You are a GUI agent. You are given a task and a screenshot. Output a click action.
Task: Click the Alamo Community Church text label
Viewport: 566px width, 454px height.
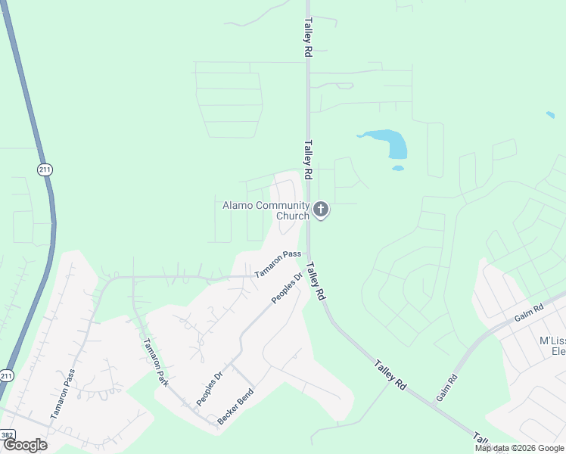tap(266, 210)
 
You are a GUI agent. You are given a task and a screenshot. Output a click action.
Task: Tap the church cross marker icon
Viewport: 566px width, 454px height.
tap(321, 210)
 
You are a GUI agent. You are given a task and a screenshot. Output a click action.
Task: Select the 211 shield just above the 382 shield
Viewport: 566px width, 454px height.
tap(7, 375)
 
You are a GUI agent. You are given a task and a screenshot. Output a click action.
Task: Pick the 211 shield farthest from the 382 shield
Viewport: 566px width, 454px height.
tap(45, 169)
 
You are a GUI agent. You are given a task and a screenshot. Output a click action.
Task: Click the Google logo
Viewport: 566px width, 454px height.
tap(25, 445)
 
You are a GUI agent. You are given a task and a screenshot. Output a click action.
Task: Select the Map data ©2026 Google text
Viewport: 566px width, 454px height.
tap(518, 448)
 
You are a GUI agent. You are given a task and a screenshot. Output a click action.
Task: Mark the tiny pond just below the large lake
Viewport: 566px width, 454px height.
tap(398, 168)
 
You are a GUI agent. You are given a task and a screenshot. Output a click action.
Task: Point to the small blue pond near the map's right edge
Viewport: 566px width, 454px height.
tap(550, 115)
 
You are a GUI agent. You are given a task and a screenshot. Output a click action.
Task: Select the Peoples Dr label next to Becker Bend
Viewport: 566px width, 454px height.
tap(210, 387)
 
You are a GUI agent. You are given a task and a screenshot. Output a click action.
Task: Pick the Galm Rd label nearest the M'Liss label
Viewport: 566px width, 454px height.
tap(528, 311)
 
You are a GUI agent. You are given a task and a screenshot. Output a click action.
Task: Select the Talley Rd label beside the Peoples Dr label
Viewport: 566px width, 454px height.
tap(316, 281)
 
